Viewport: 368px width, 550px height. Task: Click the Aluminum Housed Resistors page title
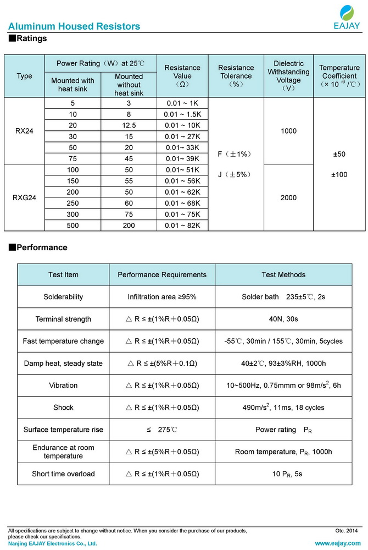pos(74,26)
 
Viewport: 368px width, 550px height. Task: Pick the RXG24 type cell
pos(25,197)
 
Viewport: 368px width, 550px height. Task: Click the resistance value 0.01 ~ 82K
pos(182,225)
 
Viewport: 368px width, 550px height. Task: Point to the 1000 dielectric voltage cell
pos(288,131)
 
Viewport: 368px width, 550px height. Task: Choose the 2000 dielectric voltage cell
pos(288,197)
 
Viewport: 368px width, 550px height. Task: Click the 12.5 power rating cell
pos(129,125)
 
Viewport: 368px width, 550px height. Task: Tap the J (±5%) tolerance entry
pos(235,175)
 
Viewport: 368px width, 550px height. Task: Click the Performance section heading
pos(42,248)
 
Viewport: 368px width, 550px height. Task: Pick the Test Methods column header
pos(283,274)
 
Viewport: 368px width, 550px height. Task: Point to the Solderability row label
pos(63,297)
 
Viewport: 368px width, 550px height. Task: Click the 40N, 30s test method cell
pos(283,319)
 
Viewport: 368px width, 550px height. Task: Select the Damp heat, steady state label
pos(63,364)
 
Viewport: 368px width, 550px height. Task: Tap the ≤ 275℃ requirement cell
pos(162,430)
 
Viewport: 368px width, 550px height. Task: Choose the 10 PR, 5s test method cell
pos(283,474)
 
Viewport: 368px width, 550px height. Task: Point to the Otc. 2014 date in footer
pos(346,531)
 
